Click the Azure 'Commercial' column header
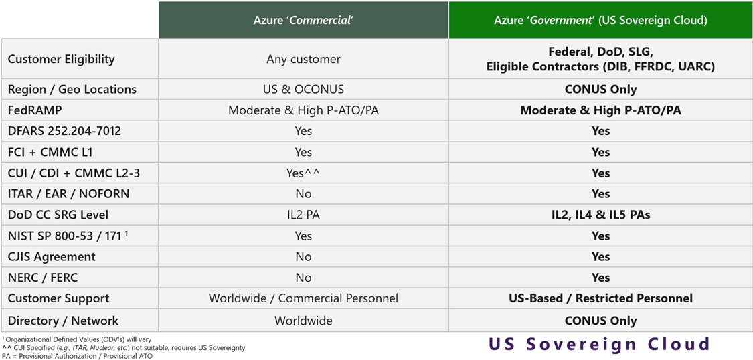303,20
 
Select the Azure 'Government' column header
600,20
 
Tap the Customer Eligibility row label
62,59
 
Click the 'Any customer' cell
303,59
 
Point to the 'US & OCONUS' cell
303,89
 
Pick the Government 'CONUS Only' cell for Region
600,89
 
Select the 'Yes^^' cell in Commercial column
303,173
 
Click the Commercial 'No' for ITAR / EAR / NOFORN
303,193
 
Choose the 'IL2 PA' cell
303,215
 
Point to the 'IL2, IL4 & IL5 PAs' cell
600,215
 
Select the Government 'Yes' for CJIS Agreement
600,256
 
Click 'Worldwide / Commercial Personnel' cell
303,298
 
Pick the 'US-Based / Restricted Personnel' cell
600,298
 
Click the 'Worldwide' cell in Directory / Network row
303,321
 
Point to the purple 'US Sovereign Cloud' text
599,344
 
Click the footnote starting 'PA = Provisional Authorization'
77,356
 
